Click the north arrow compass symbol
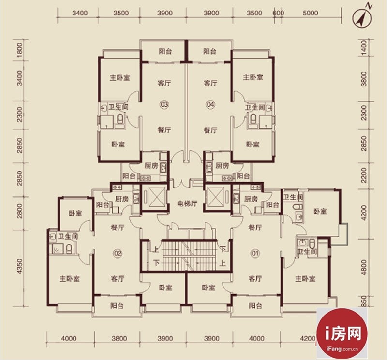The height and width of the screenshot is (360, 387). coord(362,17)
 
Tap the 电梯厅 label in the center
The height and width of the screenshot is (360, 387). coord(187,203)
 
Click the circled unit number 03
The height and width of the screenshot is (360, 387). coord(164,104)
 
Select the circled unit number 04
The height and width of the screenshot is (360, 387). coord(210,104)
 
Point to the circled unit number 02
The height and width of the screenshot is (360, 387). coord(118,253)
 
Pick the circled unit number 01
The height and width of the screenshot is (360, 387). coord(255,253)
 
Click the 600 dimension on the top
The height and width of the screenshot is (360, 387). coord(278,13)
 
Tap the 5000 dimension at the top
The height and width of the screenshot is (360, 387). coord(310,13)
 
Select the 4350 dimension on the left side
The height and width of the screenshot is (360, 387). coord(20,266)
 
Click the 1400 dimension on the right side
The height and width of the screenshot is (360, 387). coord(364,48)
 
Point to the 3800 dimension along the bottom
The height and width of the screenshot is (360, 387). coord(119,338)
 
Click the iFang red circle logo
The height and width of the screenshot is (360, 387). coord(342,333)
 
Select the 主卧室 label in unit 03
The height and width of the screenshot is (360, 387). coord(119,78)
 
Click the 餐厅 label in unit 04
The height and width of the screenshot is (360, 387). coord(210,130)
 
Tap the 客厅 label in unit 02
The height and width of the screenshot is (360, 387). coord(118,279)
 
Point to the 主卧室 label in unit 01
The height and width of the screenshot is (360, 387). coord(305,279)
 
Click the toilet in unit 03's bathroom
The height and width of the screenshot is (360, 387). coord(120,119)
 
